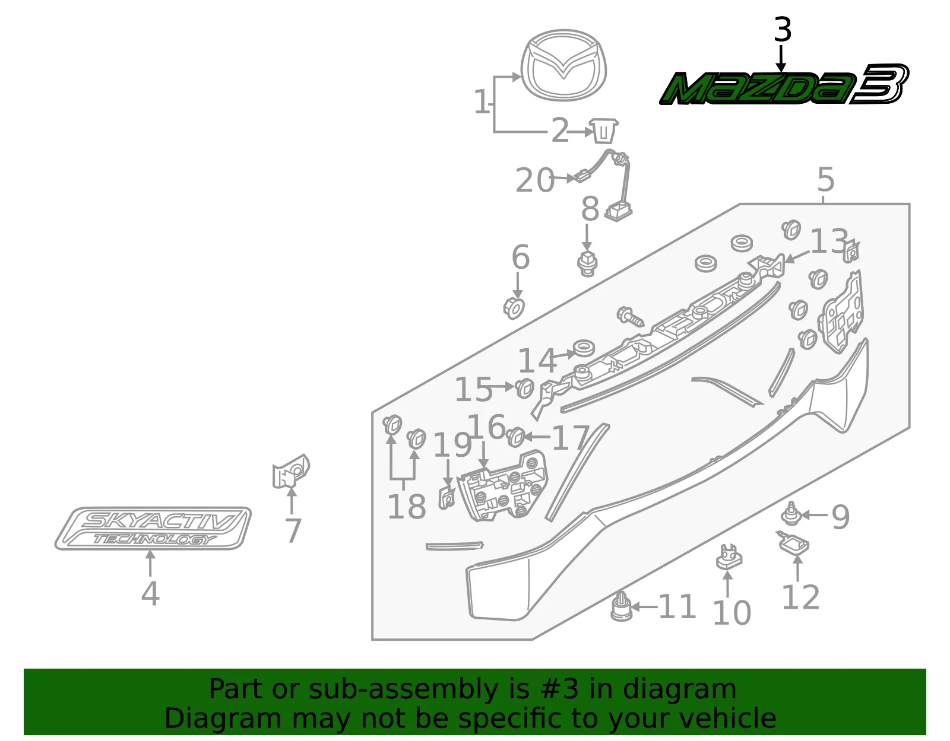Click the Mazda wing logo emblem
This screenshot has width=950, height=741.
pos(563,65)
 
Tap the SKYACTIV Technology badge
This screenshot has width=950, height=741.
pos(153,528)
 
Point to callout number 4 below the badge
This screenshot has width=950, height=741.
pos(150,594)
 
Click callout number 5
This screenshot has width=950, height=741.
pos(826,179)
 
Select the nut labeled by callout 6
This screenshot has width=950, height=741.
pos(514,309)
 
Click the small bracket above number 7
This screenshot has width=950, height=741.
pos(290,471)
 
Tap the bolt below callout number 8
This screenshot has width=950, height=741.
pos(587,263)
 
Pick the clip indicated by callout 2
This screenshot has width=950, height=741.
pos(603,131)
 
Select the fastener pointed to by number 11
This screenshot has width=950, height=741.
pos(621,606)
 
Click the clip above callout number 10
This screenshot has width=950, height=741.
pos(729,557)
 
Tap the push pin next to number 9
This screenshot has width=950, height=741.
pos(790,514)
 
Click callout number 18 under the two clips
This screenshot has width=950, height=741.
pos(407,507)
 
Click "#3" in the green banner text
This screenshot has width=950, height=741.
pos(560,689)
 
